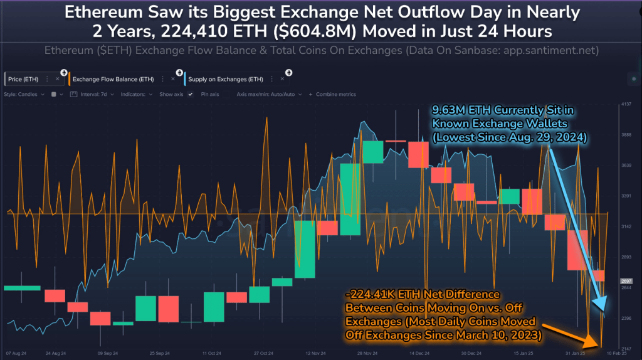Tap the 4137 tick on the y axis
point(625,104)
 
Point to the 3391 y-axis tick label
point(625,196)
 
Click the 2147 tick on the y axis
point(625,348)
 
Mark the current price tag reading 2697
point(625,281)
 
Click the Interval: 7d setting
point(92,95)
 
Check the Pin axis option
point(210,95)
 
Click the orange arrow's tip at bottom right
point(599,346)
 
